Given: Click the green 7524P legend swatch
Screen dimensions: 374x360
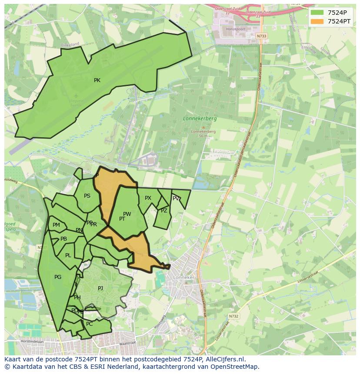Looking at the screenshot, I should click(317, 13).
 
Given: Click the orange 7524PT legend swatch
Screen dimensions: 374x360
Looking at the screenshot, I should click(317, 21).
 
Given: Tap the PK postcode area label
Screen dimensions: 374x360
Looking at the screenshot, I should click(97, 80).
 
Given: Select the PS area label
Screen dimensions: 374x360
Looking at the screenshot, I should click(87, 196).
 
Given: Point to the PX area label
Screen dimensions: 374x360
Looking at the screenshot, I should click(148, 198).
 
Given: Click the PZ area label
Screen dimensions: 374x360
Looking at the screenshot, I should click(164, 211).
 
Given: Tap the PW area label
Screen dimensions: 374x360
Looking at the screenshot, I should click(127, 214).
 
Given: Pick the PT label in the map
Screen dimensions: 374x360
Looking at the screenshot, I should click(122, 219).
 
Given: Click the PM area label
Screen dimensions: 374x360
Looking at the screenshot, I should click(56, 225).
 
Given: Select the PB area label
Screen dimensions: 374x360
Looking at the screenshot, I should click(64, 239).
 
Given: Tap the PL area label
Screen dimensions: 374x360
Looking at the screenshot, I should click(68, 255).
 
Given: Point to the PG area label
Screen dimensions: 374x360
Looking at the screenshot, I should click(58, 277).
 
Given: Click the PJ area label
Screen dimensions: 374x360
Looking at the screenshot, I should click(100, 288).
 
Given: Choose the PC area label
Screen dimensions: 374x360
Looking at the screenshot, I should click(90, 324).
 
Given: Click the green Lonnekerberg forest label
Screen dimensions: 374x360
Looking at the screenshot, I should click(200, 118).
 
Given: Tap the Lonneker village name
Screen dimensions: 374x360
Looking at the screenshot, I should click(183, 277).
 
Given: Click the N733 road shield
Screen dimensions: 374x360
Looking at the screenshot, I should click(261, 36).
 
